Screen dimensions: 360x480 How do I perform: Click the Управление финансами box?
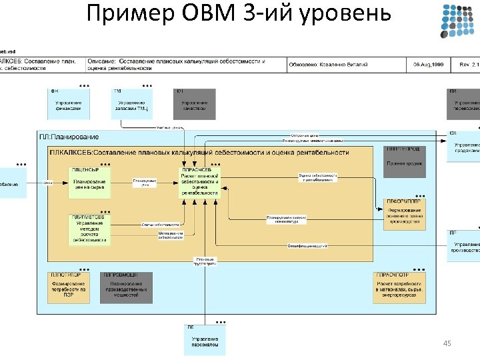click(x=69, y=105)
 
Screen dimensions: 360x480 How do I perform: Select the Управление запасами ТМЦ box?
click(x=131, y=105)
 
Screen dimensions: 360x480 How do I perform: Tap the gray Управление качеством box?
click(x=195, y=105)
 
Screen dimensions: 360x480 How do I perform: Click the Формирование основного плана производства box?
click(x=404, y=215)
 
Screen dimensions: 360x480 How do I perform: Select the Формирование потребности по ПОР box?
click(x=69, y=287)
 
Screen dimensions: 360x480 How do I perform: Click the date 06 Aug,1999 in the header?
click(x=428, y=64)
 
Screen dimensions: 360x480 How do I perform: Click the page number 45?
click(x=447, y=343)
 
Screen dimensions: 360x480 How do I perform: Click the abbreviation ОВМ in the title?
click(x=218, y=13)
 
